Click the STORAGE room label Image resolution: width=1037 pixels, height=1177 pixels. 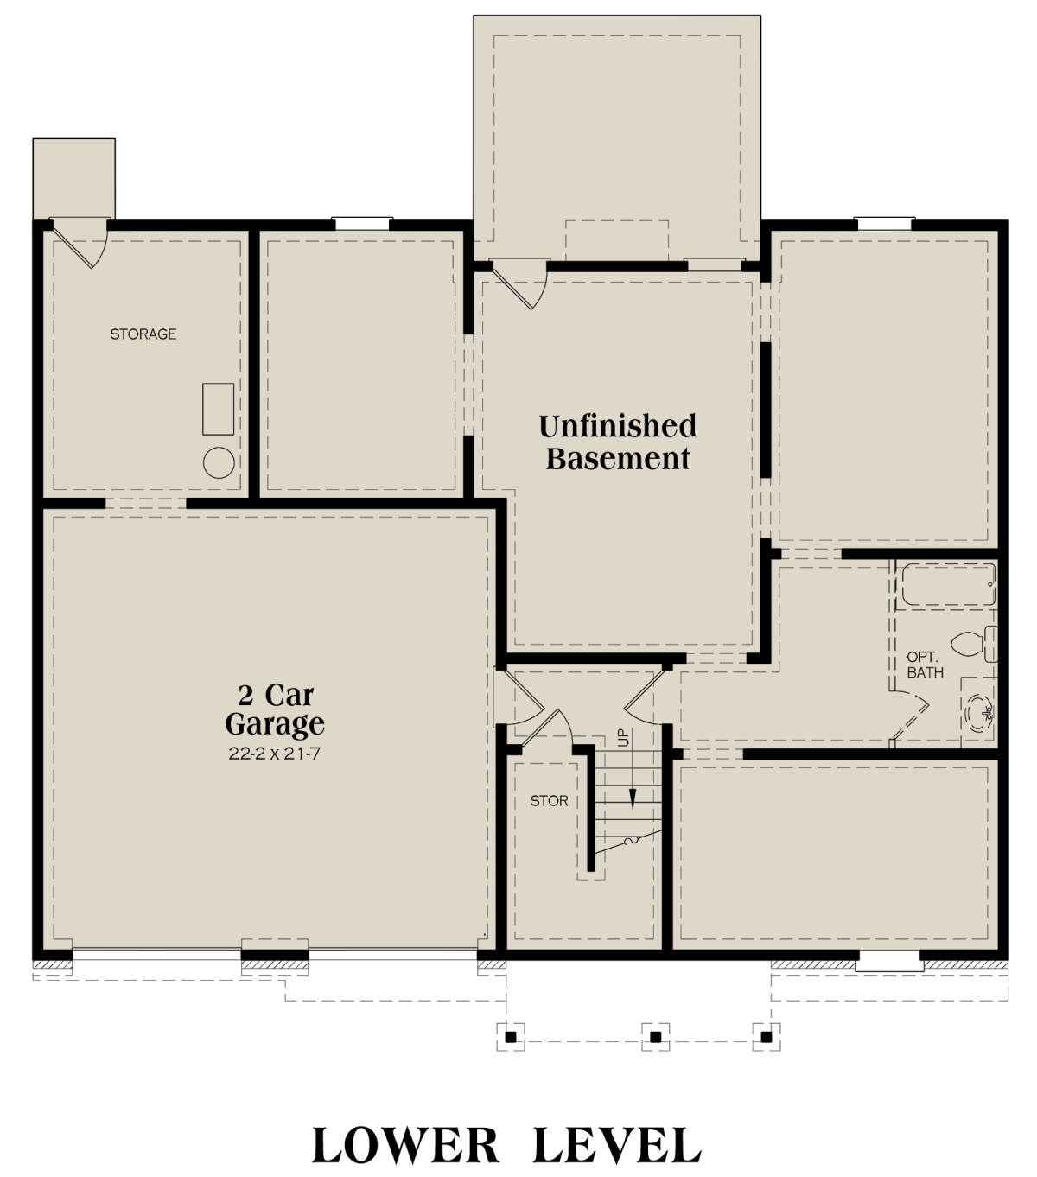point(143,334)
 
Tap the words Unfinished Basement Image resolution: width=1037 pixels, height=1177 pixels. point(618,442)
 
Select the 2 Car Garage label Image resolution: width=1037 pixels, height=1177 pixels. point(275,709)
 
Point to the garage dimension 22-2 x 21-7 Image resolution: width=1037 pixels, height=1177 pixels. point(274,754)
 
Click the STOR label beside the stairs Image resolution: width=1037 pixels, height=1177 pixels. point(549,801)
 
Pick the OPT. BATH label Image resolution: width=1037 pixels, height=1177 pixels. point(925,665)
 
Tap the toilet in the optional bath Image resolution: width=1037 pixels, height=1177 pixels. point(974,643)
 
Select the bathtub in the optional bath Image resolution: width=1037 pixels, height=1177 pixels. point(949,584)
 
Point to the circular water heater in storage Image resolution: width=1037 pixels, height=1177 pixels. point(219,462)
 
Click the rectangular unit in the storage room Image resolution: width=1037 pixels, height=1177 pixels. point(218,409)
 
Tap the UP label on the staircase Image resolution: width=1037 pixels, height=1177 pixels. point(623,738)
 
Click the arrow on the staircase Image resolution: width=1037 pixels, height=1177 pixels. point(633,767)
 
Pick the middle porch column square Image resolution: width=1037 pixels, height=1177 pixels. point(655,1037)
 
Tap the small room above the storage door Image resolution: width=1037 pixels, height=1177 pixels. point(73,178)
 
